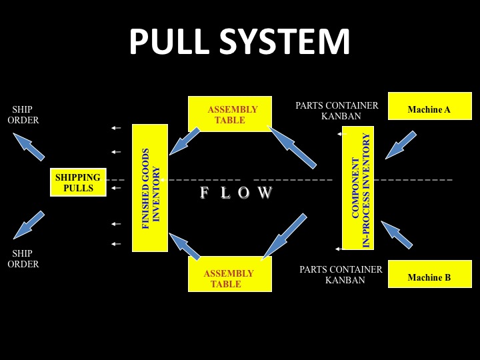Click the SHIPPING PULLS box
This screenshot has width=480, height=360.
[78, 182]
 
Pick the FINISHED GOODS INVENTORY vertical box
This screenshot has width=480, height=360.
[149, 188]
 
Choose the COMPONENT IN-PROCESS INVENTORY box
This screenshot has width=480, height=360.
[358, 188]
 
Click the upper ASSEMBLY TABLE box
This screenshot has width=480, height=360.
[230, 114]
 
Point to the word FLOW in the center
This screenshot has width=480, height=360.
[237, 193]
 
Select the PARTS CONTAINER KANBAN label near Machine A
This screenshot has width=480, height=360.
[337, 111]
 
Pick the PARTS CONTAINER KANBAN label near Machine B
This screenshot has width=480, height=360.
[341, 275]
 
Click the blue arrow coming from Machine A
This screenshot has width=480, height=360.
[400, 145]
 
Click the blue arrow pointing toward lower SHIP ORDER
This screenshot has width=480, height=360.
[29, 225]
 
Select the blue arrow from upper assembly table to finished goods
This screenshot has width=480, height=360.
[185, 141]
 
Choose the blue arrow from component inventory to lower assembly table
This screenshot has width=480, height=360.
[284, 236]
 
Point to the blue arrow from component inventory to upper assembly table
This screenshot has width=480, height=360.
[292, 147]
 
